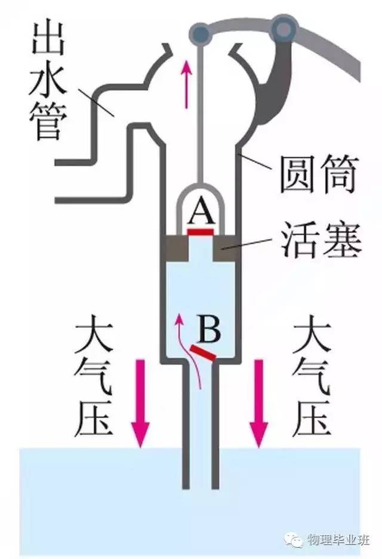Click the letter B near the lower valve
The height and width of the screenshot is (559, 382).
[210, 328]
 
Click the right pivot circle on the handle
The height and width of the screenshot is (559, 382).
[284, 25]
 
